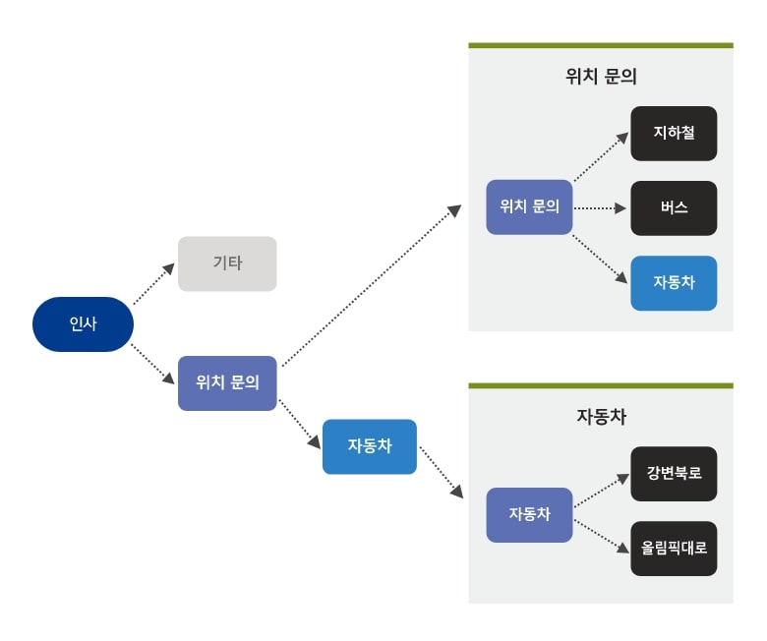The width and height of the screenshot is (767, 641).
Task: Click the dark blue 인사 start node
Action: pyautogui.click(x=83, y=323)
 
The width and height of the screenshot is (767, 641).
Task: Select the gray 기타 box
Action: pyautogui.click(x=227, y=263)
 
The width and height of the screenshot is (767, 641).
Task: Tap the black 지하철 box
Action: pyautogui.click(x=674, y=133)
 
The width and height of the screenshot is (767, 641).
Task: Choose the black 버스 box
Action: pyautogui.click(x=674, y=207)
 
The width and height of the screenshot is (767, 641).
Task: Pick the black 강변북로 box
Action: pyautogui.click(x=674, y=474)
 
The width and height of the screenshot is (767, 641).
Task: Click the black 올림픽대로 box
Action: pyautogui.click(x=674, y=549)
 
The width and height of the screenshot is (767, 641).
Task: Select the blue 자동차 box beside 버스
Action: pyautogui.click(x=674, y=282)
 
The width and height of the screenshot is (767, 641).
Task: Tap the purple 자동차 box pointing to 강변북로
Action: pyautogui.click(x=529, y=514)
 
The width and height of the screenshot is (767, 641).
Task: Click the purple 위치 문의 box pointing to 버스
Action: pyautogui.click(x=529, y=206)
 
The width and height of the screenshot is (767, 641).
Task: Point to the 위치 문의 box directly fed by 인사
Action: pyautogui.click(x=227, y=382)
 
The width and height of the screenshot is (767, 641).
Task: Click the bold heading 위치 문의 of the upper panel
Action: pyautogui.click(x=601, y=77)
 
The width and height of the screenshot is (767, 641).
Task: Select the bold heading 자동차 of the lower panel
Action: pyautogui.click(x=601, y=416)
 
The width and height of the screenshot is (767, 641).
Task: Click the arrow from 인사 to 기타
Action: pyautogui.click(x=153, y=283)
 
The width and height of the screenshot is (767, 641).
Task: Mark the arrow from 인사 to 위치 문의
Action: pyautogui.click(x=153, y=363)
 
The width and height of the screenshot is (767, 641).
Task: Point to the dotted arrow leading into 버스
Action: pyautogui.click(x=601, y=207)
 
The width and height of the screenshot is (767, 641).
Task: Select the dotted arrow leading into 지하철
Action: pyautogui.click(x=601, y=157)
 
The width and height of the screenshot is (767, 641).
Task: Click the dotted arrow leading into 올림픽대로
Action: pyautogui.click(x=601, y=534)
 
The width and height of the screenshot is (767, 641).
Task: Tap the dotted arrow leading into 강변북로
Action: pyautogui.click(x=601, y=492)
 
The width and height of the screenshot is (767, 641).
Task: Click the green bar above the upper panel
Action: pyautogui.click(x=601, y=45)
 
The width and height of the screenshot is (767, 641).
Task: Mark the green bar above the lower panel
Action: pyautogui.click(x=601, y=385)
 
